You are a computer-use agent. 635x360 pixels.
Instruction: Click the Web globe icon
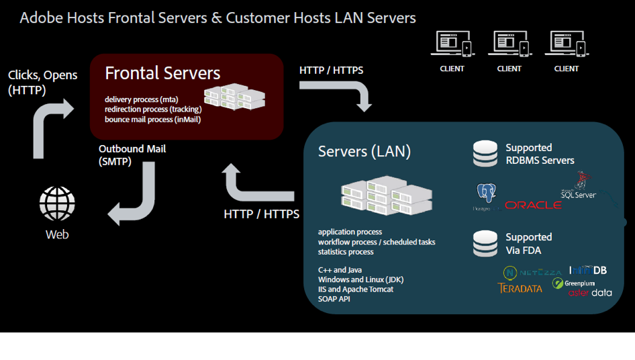click(57, 204)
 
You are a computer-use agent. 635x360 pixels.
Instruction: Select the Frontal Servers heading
click(162, 73)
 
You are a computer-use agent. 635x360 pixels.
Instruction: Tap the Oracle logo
click(533, 205)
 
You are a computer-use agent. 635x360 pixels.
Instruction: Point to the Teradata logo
click(520, 288)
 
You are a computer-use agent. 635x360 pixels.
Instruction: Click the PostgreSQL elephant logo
click(487, 195)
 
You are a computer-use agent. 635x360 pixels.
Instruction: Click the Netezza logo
click(533, 273)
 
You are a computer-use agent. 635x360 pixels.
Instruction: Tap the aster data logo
click(590, 293)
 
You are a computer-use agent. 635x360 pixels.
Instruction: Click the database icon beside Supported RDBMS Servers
click(485, 153)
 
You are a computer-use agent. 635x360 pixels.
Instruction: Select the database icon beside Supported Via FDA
click(485, 243)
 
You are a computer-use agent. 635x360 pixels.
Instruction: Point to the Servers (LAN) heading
click(364, 151)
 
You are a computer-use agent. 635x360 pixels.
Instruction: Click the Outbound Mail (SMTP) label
click(132, 155)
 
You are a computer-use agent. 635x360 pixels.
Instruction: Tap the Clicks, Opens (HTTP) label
click(42, 82)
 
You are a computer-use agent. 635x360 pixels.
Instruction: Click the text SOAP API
click(334, 298)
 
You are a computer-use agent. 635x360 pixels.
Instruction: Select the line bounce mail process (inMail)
click(152, 120)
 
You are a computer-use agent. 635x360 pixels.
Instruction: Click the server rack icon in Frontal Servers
click(234, 97)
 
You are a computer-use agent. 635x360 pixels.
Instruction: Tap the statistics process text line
click(346, 252)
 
